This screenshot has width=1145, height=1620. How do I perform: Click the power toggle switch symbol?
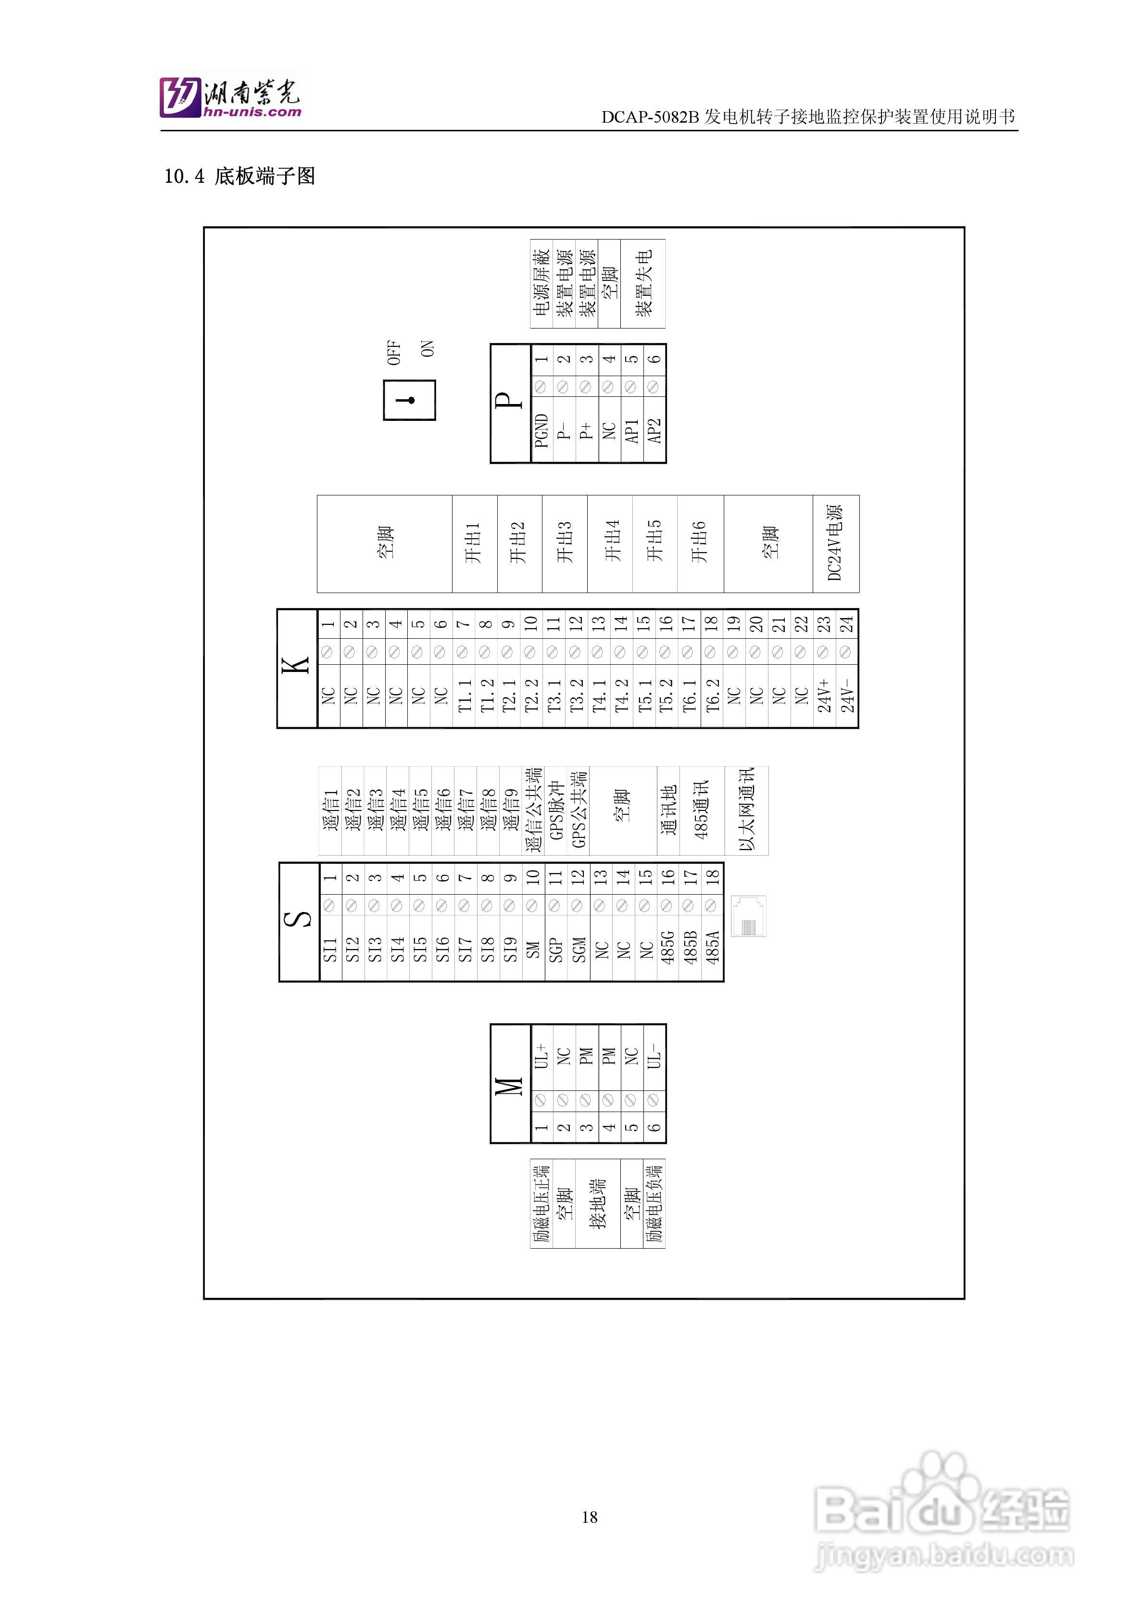pyautogui.click(x=409, y=400)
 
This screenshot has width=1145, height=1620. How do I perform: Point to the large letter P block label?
pyautogui.click(x=509, y=402)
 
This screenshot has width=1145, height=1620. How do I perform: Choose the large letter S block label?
pyautogui.click(x=299, y=920)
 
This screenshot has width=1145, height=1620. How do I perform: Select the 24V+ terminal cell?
pyautogui.click(x=824, y=696)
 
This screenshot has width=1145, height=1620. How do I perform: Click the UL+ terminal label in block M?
pyautogui.click(x=541, y=1055)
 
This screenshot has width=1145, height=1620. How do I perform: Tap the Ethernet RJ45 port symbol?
pyautogui.click(x=749, y=916)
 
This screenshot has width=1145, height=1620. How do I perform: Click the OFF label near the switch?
pyautogui.click(x=394, y=353)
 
